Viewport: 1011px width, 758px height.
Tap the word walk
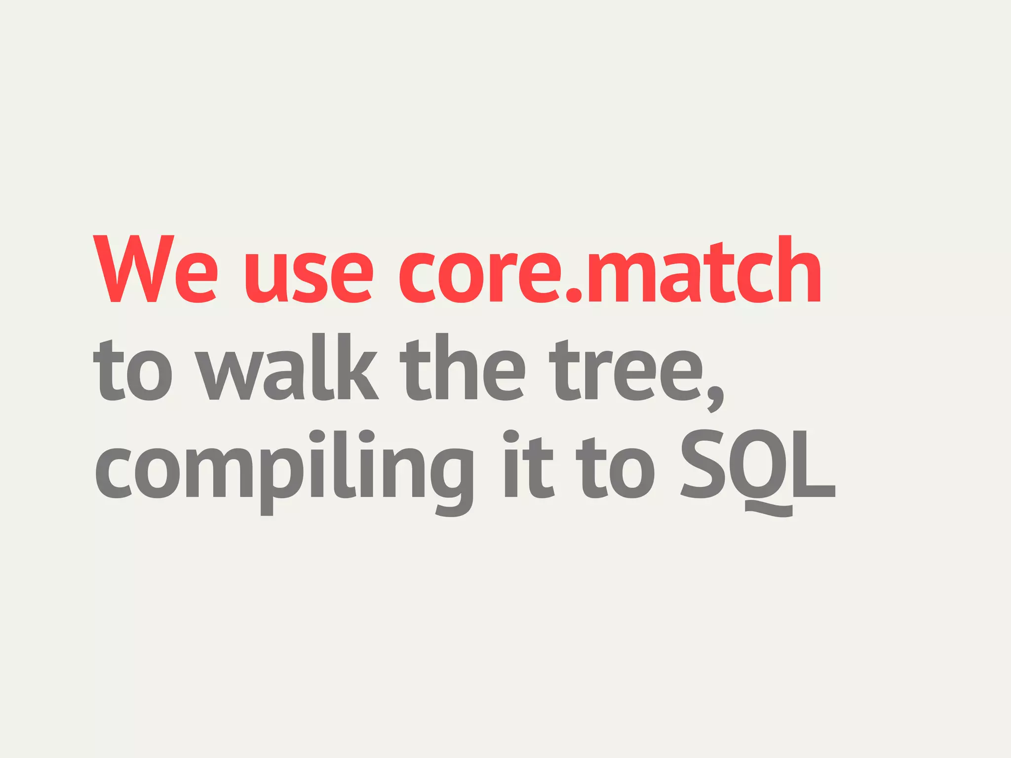(286, 368)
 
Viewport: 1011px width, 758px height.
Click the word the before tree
(462, 368)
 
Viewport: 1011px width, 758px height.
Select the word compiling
(284, 469)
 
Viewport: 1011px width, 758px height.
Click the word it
(529, 466)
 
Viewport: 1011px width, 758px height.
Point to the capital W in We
(133, 269)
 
